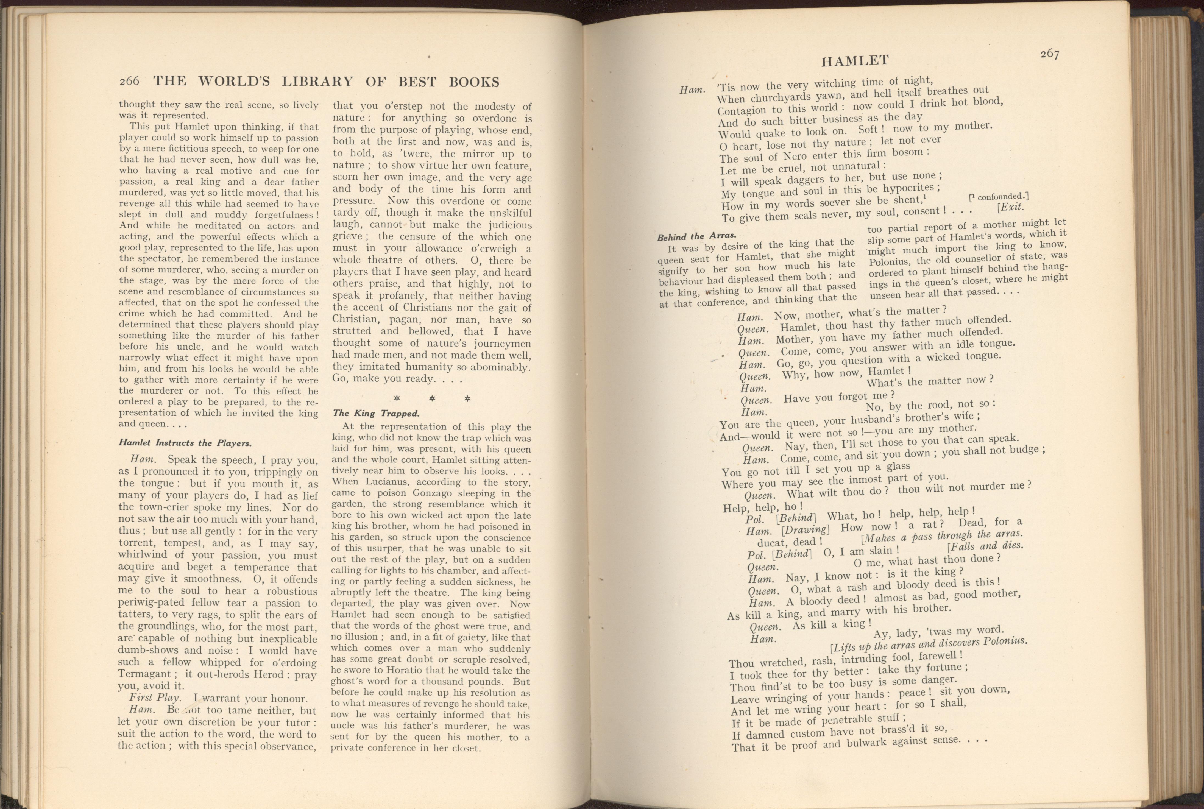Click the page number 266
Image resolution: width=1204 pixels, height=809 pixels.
pyautogui.click(x=129, y=82)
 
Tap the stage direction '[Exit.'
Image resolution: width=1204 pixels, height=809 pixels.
pyautogui.click(x=1010, y=207)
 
